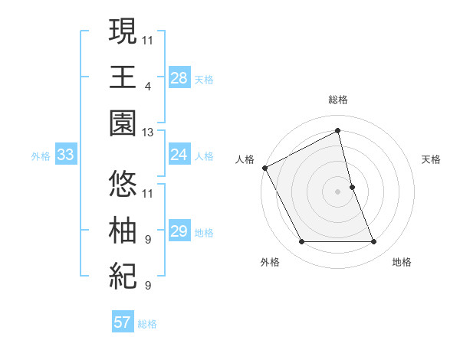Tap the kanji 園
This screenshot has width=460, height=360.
pyautogui.click(x=123, y=123)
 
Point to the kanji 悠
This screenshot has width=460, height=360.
pyautogui.click(x=123, y=184)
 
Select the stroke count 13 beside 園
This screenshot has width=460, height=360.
pyautogui.click(x=148, y=132)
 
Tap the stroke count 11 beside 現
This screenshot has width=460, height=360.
pyautogui.click(x=148, y=39)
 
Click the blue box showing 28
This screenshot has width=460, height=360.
pyautogui.click(x=179, y=77)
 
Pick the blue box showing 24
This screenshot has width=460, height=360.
pyautogui.click(x=179, y=155)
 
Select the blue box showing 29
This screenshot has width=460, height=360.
pyautogui.click(x=179, y=231)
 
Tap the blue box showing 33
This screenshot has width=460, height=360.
pyautogui.click(x=65, y=155)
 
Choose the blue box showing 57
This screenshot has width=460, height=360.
pyautogui.click(x=122, y=322)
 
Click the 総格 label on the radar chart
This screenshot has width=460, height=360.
pyautogui.click(x=338, y=100)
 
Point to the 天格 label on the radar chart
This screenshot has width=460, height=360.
pyautogui.click(x=432, y=159)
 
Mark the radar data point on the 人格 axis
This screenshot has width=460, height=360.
pyautogui.click(x=265, y=167)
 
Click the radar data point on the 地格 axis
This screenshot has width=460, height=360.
pyautogui.click(x=374, y=242)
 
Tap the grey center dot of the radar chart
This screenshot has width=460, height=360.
pyautogui.click(x=338, y=191)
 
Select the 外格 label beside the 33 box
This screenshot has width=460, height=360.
pyautogui.click(x=41, y=156)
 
